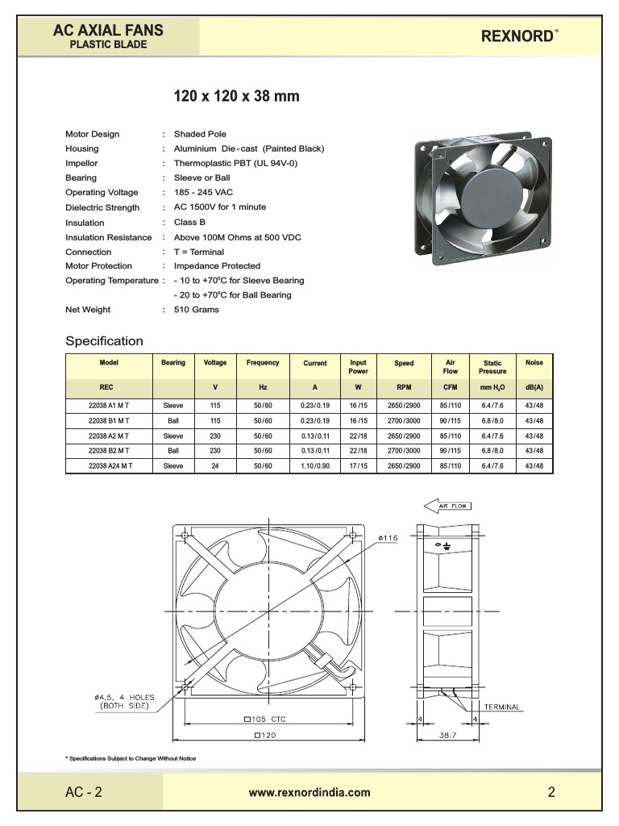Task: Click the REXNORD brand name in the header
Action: [517, 36]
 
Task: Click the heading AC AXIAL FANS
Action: [108, 31]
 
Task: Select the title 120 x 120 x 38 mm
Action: [237, 97]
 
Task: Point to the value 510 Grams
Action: [196, 310]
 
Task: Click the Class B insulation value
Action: [189, 222]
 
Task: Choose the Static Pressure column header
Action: [492, 367]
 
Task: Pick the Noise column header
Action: [534, 363]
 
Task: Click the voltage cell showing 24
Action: [215, 466]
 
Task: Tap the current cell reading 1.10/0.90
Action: [314, 466]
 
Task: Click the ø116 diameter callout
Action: [388, 537]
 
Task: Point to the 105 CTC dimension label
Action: [264, 719]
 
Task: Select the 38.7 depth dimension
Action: [448, 736]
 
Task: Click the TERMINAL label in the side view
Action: [502, 707]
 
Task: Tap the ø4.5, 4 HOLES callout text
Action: [124, 701]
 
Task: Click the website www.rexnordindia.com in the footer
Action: [309, 792]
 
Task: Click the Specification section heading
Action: [104, 340]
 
